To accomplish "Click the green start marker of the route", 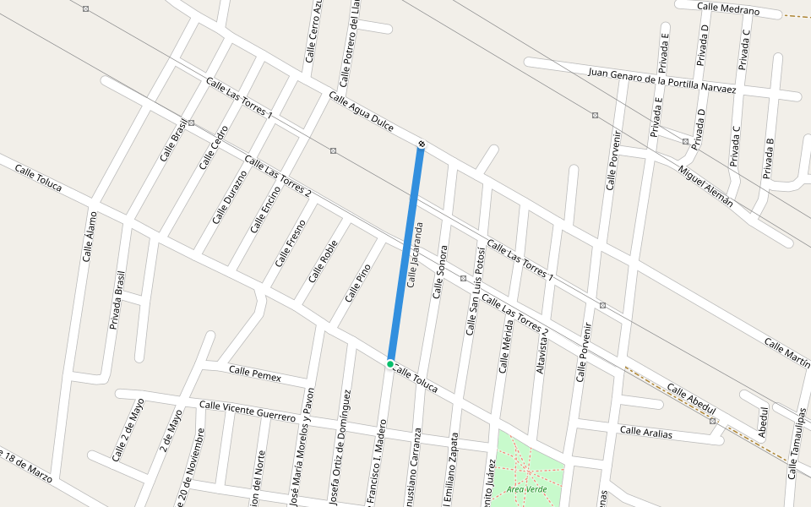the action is coord(390,364).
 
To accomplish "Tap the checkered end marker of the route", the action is coord(421,145).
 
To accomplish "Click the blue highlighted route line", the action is coord(405,253).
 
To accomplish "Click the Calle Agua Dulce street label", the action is coord(361,112).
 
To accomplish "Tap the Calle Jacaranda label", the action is coord(413,255).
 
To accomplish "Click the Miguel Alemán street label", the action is coord(705,186).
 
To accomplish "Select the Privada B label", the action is coord(768,158).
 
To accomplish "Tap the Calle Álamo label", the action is coord(89,236).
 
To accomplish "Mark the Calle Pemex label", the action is coord(254,373).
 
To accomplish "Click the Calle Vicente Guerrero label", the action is coord(248,412).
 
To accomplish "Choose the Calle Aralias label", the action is coord(646,432).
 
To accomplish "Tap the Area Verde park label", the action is coord(527,489).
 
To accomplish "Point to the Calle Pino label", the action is coord(358,283).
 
